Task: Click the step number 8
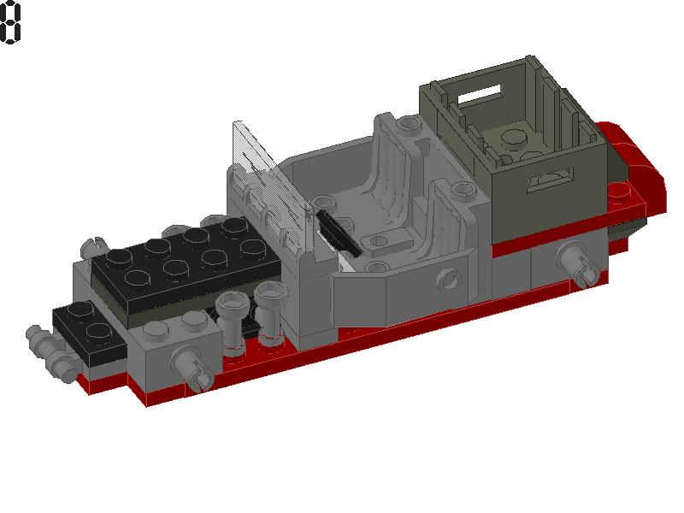tap(10, 23)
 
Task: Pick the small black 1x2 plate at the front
tap(81, 325)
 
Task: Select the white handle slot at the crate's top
tap(481, 92)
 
